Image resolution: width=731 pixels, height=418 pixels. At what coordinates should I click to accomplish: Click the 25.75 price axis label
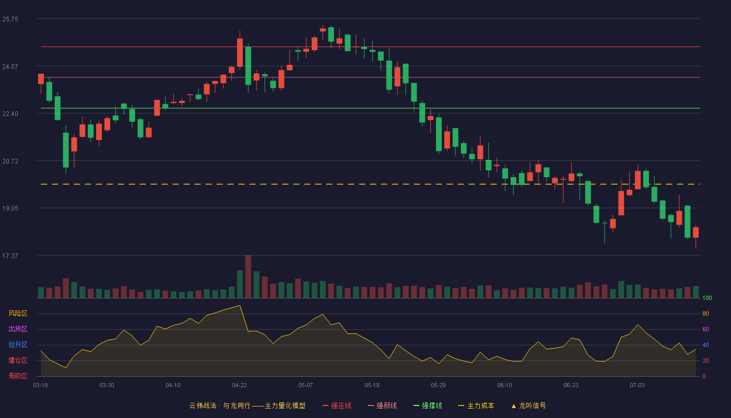10,19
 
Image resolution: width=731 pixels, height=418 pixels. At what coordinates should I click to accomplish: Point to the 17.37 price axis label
10,256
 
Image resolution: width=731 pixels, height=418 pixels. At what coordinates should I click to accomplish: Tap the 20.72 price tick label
10,161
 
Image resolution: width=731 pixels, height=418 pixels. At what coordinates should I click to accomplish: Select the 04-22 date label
239,386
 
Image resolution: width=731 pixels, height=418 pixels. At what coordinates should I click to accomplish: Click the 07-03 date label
637,386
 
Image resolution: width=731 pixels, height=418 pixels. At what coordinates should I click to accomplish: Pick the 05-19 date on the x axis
372,386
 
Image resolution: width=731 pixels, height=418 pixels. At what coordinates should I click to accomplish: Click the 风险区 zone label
18,313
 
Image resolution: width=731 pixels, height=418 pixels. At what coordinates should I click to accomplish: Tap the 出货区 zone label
18,329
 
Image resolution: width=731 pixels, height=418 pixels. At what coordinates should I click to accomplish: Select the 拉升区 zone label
18,344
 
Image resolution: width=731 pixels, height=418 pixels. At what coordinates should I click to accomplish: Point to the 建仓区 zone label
18,360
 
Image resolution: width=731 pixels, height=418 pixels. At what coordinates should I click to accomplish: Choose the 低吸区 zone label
18,376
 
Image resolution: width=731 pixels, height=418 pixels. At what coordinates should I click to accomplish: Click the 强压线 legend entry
337,405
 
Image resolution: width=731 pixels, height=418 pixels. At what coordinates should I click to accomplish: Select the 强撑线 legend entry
428,405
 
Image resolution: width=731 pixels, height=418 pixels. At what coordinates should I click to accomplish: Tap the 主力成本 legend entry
476,405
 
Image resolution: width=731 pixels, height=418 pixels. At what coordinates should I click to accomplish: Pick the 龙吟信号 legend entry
528,405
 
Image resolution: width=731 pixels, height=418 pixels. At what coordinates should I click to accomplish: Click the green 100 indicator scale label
707,298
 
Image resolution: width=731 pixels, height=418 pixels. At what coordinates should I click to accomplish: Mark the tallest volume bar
248,276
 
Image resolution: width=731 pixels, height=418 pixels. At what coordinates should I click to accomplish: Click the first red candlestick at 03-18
41,79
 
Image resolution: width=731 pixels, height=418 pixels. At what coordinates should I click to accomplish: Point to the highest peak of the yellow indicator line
240,306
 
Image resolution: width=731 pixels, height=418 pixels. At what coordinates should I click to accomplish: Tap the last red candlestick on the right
695,233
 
